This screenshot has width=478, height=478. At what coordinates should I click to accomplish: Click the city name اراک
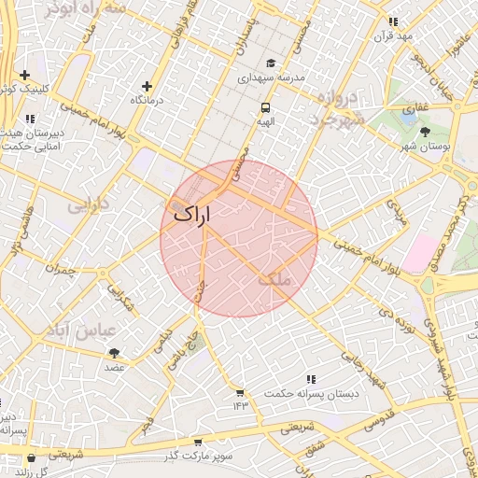click(191, 214)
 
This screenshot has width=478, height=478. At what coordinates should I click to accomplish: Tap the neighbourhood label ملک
click(274, 279)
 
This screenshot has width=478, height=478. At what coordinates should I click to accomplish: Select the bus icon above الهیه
click(266, 107)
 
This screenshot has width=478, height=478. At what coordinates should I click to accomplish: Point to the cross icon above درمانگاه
click(146, 86)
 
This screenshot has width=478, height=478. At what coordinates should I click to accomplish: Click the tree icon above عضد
click(114, 353)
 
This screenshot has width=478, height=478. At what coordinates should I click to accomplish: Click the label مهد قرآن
click(393, 35)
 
